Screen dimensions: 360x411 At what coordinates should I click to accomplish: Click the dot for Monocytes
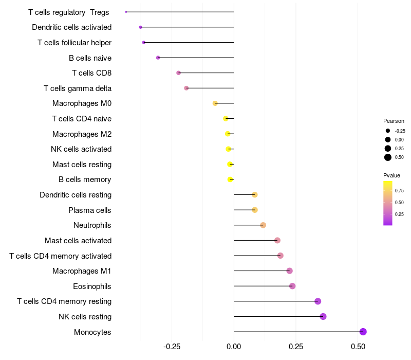[x=363, y=332]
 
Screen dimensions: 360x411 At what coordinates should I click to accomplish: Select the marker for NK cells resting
[x=323, y=316]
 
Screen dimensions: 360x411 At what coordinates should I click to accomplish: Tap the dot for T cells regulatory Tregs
[x=126, y=12]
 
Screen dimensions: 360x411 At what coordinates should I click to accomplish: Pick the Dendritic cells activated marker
[x=140, y=27]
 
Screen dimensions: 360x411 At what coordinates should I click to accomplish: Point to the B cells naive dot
[x=158, y=58]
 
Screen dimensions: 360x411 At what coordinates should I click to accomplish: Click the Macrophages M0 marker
[x=215, y=103]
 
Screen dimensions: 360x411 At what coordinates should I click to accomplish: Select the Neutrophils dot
[x=263, y=225]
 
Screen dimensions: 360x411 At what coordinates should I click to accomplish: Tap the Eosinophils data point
[x=292, y=286]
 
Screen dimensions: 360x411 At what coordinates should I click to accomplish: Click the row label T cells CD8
[x=91, y=73]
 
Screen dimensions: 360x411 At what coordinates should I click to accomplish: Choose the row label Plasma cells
[x=90, y=210]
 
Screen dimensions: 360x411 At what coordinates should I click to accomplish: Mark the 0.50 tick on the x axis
[x=358, y=347]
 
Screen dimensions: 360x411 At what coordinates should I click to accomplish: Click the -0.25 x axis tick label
[x=172, y=347]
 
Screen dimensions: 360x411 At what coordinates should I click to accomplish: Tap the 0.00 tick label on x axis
[x=234, y=347]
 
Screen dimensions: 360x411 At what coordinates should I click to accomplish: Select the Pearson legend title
[x=394, y=121]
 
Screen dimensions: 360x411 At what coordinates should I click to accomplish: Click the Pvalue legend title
[x=392, y=175]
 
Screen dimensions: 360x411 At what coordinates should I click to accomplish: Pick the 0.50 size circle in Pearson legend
[x=388, y=157]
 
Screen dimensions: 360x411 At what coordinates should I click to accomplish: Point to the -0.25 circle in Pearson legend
[x=388, y=131]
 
